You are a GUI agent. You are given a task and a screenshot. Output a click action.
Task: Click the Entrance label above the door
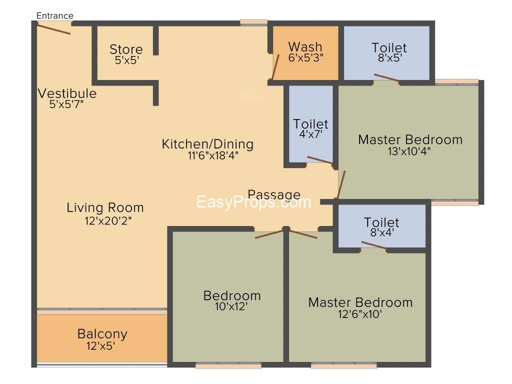point(55,15)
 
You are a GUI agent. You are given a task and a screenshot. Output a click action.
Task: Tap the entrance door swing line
point(53,28)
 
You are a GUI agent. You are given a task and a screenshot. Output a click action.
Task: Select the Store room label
point(126,49)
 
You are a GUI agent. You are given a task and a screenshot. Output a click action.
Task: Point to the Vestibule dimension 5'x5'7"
point(66,104)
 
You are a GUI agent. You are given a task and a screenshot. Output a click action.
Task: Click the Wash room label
point(305,47)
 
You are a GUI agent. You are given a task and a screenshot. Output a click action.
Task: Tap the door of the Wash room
point(275,67)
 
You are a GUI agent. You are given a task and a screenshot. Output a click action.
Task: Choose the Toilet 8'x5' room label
point(389,48)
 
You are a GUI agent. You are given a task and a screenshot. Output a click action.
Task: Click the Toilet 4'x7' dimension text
point(311,134)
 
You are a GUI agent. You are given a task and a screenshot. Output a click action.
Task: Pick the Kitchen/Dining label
point(207,144)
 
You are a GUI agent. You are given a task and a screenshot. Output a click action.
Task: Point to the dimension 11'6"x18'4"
point(213,155)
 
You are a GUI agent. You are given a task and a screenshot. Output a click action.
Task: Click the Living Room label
point(105,207)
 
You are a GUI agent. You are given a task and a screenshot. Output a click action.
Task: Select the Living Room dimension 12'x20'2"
point(108,220)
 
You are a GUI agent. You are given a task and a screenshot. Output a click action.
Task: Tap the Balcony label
point(102,334)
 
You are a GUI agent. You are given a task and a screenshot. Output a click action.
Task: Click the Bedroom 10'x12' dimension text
point(231,306)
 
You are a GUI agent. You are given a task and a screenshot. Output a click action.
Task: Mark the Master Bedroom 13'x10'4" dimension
point(409,151)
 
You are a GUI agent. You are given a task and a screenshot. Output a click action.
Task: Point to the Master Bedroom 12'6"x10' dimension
point(360,314)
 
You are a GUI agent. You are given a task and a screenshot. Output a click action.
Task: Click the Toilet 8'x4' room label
point(381,222)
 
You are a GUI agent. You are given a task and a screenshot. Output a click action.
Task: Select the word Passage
point(274,194)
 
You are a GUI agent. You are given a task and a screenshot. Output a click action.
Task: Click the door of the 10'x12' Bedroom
point(269,234)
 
